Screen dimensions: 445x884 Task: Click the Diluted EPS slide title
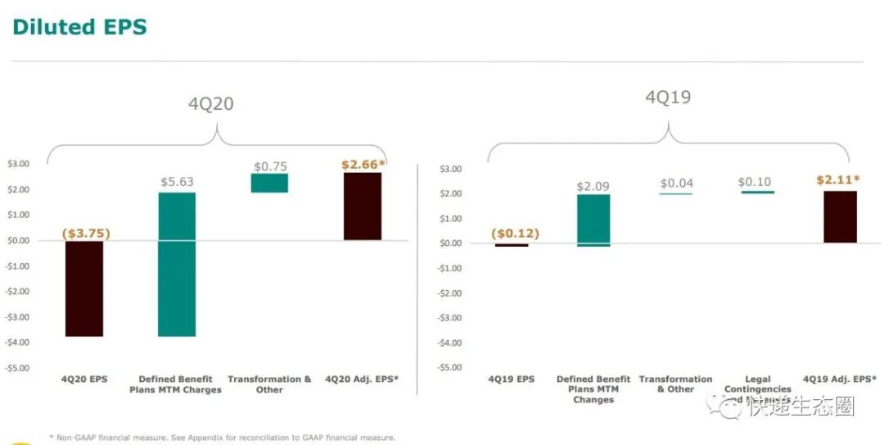(80, 26)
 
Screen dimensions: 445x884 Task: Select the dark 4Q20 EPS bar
(84, 288)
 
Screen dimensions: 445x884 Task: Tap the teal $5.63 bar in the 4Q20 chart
(177, 264)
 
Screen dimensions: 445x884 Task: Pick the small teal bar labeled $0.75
(269, 183)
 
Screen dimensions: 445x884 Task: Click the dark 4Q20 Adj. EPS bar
(362, 206)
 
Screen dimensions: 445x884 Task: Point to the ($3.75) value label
(86, 234)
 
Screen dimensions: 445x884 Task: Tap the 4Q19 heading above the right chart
(668, 98)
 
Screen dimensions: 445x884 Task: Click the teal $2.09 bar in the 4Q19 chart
(593, 220)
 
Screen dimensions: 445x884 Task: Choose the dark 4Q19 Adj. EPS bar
(840, 216)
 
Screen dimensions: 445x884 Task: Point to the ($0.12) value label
(515, 234)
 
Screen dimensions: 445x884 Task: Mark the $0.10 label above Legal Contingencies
(754, 182)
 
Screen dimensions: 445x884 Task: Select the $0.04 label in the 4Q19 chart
(677, 184)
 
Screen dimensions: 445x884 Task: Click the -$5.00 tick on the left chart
(17, 368)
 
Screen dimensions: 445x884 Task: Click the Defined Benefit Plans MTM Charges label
(175, 384)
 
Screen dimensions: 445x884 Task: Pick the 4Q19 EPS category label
(512, 379)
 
